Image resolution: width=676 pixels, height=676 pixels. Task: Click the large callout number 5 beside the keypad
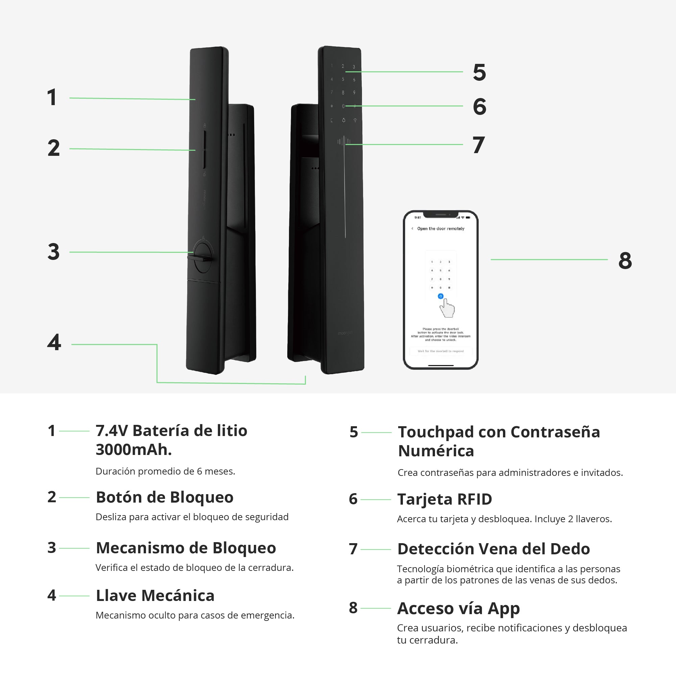[x=479, y=72]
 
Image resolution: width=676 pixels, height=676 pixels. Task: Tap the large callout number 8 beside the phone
[x=625, y=260]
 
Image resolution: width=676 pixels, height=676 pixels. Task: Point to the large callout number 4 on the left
[x=54, y=342]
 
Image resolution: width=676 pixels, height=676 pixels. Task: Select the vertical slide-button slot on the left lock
[x=205, y=149]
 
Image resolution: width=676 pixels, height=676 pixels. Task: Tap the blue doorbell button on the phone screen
[x=440, y=296]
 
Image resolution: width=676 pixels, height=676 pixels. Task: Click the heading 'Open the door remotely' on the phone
[x=440, y=228]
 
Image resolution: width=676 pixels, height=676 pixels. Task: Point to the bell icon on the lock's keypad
[x=343, y=120]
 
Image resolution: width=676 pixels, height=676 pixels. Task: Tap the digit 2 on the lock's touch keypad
[x=343, y=66]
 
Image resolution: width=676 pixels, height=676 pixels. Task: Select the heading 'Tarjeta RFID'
[x=444, y=499]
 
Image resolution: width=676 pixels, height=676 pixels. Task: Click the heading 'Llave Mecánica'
[x=155, y=595]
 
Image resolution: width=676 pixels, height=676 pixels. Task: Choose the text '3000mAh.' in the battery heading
[x=134, y=450]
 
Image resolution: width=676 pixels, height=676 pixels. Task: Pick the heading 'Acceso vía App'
[x=458, y=608]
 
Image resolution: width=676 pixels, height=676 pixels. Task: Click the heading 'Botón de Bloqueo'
[x=165, y=497]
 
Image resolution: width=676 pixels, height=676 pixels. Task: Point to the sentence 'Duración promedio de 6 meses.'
[x=165, y=471]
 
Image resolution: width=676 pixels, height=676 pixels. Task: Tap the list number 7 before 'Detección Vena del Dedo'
[x=353, y=549]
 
